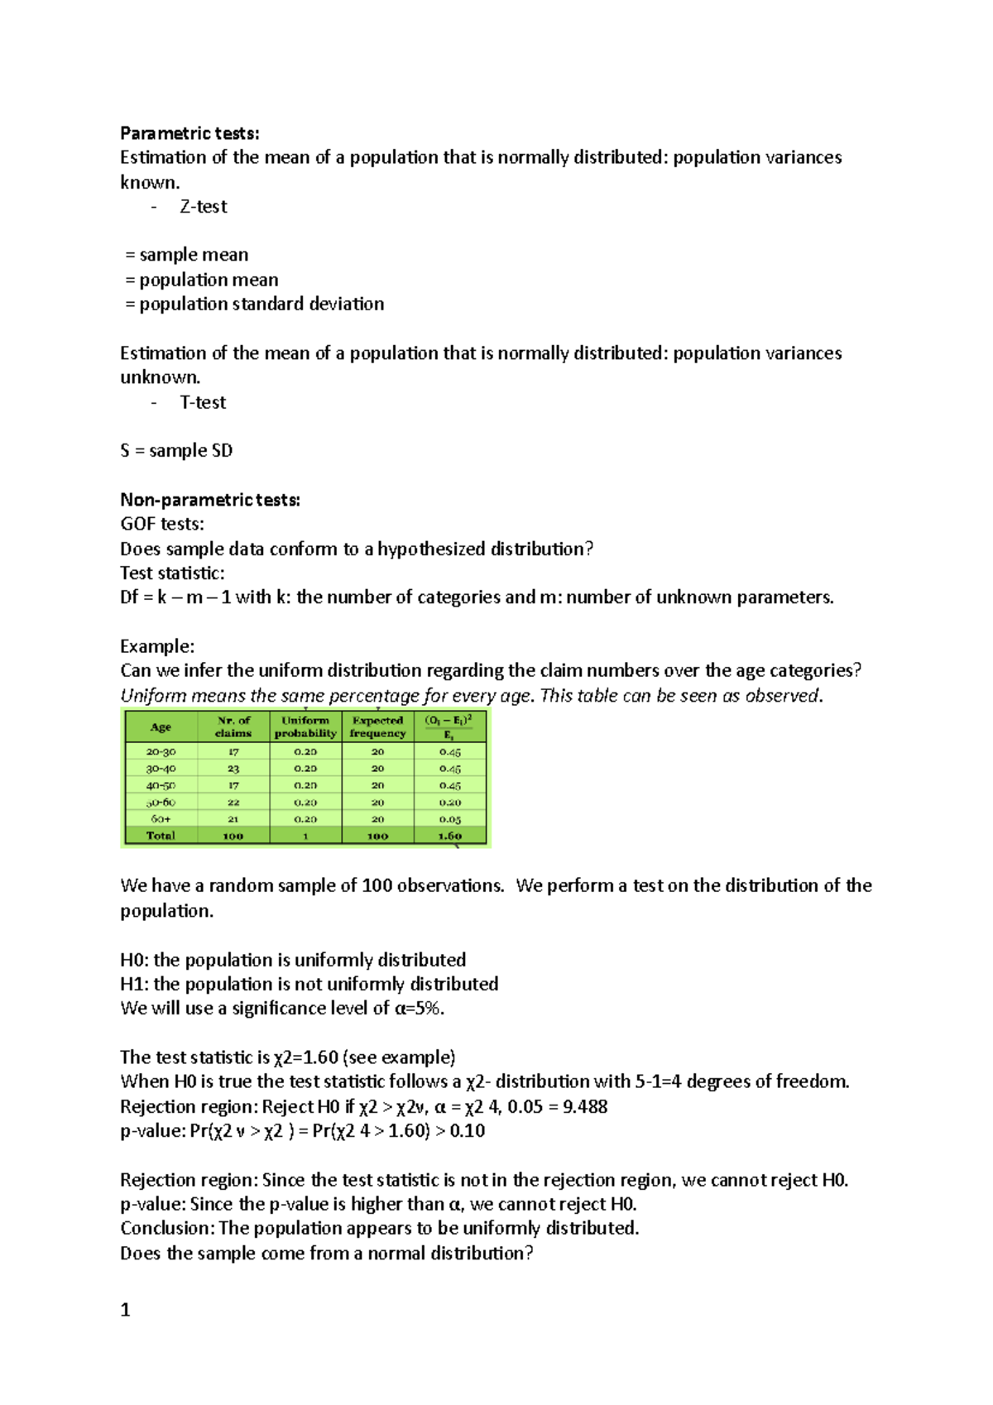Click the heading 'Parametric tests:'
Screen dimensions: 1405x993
[x=189, y=133]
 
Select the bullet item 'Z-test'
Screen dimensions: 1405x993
[x=203, y=207]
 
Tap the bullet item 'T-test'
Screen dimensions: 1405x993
[x=203, y=403]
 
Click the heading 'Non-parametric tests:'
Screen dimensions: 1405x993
[x=210, y=500]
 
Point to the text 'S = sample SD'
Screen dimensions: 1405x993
[x=176, y=451]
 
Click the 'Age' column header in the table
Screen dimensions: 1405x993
[x=161, y=727]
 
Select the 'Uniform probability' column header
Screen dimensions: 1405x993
[x=305, y=726]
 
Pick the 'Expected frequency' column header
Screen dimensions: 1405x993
[x=377, y=726]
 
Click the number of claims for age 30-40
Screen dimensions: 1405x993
[x=233, y=769]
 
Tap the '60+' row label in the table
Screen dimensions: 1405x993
[x=161, y=819]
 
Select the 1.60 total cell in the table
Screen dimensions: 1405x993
[x=449, y=836]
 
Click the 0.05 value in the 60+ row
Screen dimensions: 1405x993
[x=449, y=819]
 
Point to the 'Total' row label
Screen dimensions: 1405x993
[x=161, y=836]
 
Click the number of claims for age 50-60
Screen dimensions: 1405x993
[x=233, y=803]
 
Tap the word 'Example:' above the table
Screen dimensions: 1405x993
[x=157, y=646]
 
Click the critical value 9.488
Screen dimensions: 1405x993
[x=585, y=1107]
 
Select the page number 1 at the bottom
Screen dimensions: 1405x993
[x=126, y=1310]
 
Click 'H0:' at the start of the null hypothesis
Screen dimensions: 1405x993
[x=134, y=960]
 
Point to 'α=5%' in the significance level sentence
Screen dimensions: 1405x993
[x=418, y=1009]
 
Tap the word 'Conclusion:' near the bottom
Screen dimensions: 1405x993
[x=167, y=1229]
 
